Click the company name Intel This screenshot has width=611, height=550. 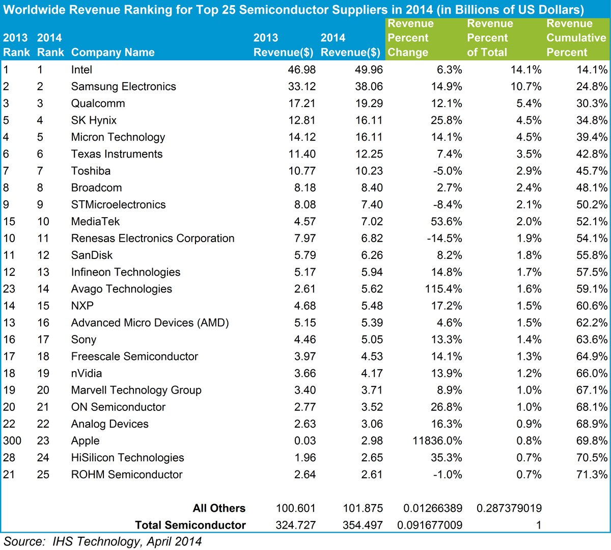(x=81, y=70)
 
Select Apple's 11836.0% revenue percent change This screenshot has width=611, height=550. (x=437, y=441)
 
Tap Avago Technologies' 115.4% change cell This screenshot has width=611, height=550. (x=443, y=289)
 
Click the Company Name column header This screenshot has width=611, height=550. (x=113, y=53)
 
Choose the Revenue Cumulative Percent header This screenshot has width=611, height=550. (x=576, y=38)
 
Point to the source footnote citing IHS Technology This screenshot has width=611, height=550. (x=102, y=541)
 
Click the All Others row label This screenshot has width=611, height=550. (x=219, y=508)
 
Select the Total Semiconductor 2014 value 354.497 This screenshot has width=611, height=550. (x=363, y=525)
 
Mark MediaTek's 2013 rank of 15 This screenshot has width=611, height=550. (x=9, y=222)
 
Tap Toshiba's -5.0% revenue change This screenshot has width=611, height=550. (x=448, y=171)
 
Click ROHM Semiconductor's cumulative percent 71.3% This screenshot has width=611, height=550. (x=592, y=475)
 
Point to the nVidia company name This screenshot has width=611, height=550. (x=87, y=374)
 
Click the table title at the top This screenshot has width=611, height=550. (x=293, y=10)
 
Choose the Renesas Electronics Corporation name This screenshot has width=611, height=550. (x=153, y=239)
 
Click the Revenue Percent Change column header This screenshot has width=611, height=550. (x=410, y=38)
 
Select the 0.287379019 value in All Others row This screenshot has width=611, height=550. (x=509, y=508)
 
